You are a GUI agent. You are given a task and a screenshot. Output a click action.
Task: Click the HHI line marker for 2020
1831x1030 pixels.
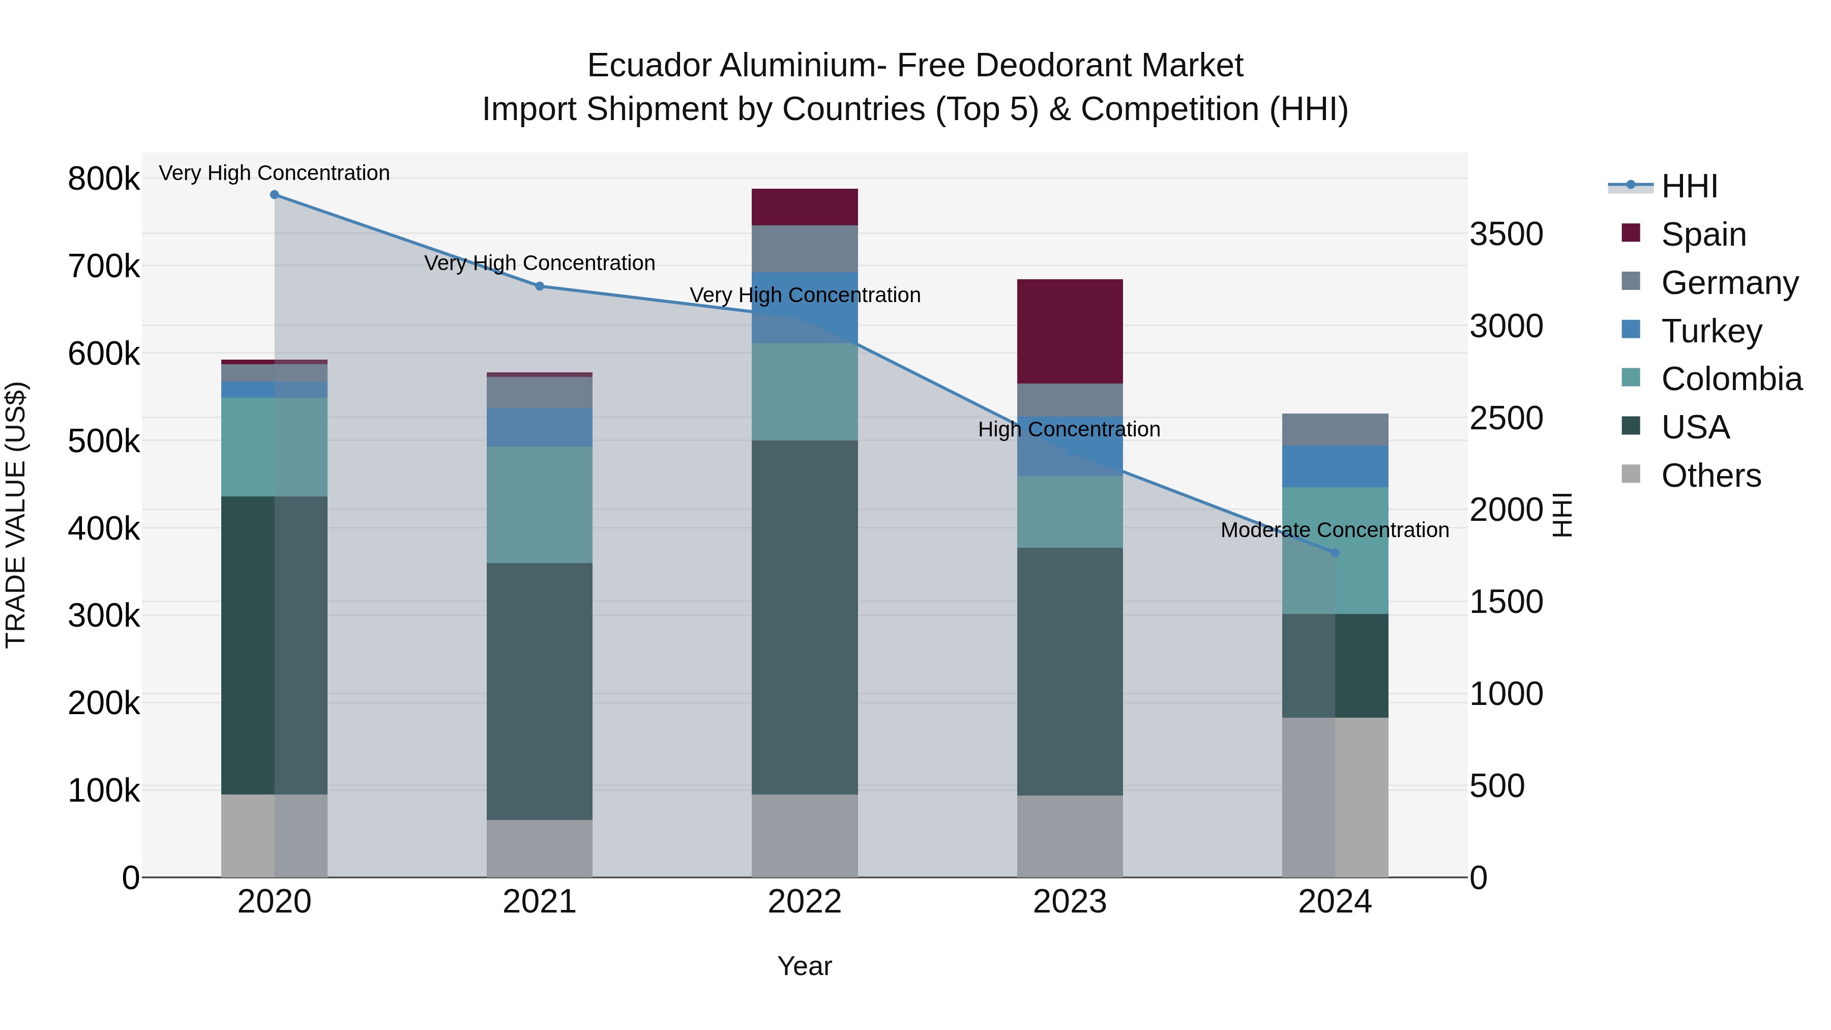(x=274, y=195)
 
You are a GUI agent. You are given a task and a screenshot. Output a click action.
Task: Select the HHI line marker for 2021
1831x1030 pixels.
(x=540, y=286)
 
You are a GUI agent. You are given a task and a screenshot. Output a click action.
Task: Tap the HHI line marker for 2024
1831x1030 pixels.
(x=1335, y=552)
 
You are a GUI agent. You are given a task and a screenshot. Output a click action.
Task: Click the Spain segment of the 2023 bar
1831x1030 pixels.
(x=1070, y=331)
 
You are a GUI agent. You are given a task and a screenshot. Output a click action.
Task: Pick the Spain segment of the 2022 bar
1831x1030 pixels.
(x=805, y=207)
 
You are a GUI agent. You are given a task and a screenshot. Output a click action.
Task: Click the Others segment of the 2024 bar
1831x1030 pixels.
(x=1335, y=797)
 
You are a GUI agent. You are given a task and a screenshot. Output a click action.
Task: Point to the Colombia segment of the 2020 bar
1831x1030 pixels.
(x=274, y=447)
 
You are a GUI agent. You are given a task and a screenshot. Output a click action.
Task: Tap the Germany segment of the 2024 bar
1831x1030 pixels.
(x=1335, y=429)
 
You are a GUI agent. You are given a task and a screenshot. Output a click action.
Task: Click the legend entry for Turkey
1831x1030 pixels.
(x=1711, y=331)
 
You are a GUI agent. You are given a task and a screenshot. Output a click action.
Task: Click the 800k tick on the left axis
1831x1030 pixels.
(x=104, y=179)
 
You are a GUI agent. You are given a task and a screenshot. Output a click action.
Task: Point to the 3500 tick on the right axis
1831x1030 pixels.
(x=1506, y=234)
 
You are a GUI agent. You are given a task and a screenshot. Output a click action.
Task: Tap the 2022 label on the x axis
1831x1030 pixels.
(x=805, y=902)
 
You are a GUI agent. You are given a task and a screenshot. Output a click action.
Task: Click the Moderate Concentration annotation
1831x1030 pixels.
(x=1334, y=531)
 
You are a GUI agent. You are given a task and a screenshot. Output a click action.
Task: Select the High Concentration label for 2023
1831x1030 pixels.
(x=1069, y=429)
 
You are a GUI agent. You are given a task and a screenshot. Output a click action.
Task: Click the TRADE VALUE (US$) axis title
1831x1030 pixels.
(x=16, y=515)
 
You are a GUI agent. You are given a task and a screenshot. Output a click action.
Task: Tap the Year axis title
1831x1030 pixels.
(x=805, y=966)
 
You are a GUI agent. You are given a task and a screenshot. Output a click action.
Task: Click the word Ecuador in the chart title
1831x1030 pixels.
(x=648, y=66)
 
